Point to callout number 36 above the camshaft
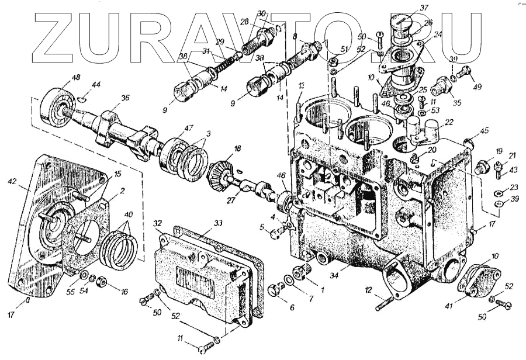[125, 98]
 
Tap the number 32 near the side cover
[158, 223]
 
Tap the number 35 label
[456, 103]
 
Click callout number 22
[449, 122]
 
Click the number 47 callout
[189, 127]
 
